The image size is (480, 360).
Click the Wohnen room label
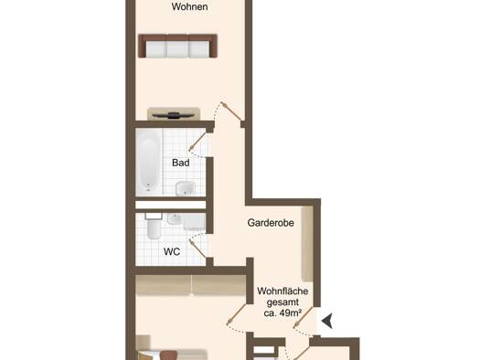(x=189, y=6)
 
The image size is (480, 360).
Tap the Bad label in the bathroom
(x=181, y=163)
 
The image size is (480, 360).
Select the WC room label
(x=172, y=251)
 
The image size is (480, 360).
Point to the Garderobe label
(x=271, y=223)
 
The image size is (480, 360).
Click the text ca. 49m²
(x=283, y=313)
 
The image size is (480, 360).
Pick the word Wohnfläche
(x=283, y=291)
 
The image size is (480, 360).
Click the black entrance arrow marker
(x=327, y=321)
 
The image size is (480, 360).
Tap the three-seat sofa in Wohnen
(x=177, y=46)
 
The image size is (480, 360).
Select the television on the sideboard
(x=174, y=115)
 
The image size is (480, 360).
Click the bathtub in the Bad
(x=148, y=162)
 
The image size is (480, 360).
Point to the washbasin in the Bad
(x=186, y=188)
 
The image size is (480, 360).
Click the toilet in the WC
(x=154, y=227)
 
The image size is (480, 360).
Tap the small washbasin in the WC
(x=175, y=218)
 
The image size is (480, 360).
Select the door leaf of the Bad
(x=197, y=142)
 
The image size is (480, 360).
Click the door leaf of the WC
(x=198, y=249)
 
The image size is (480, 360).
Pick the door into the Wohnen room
(x=231, y=111)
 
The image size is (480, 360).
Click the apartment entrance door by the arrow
(x=304, y=318)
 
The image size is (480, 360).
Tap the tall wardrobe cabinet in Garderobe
(x=307, y=244)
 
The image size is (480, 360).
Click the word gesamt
(x=283, y=302)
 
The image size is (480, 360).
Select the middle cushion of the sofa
(x=177, y=49)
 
